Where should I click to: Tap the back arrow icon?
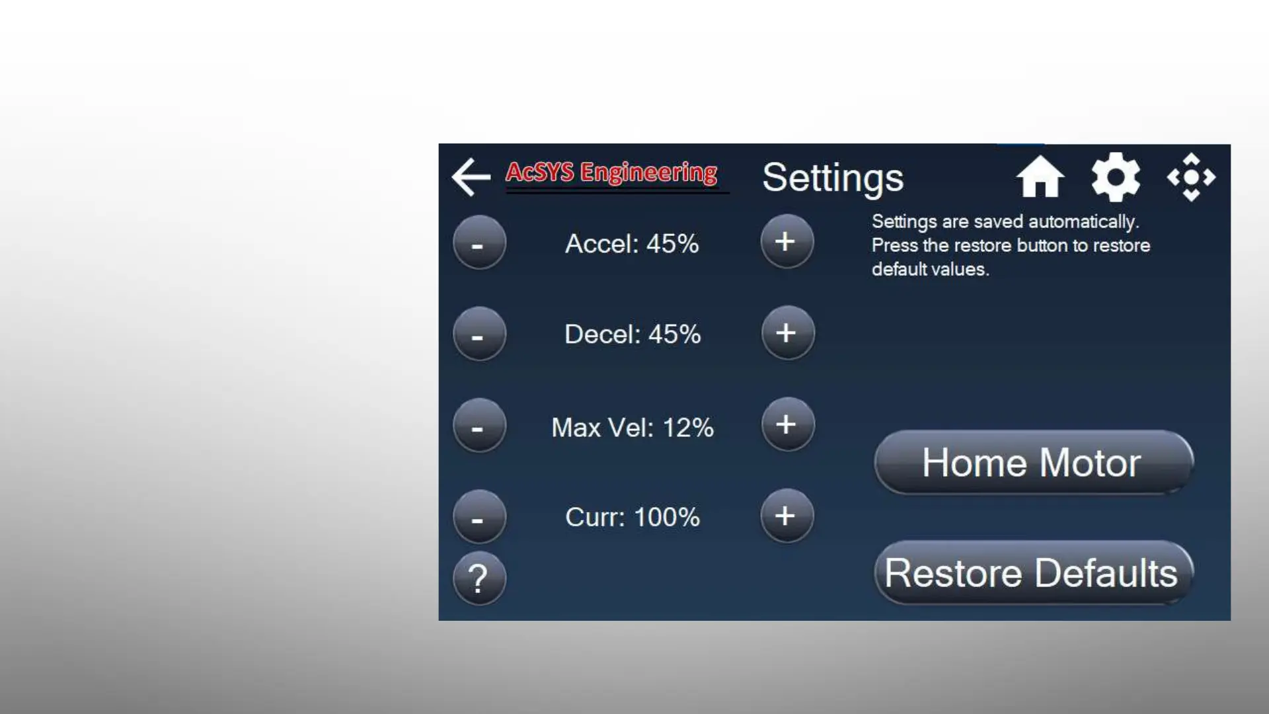point(471,177)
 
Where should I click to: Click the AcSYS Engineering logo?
point(611,173)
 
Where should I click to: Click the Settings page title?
point(833,178)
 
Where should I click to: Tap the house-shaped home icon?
point(1040,177)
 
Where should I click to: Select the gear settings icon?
point(1116,177)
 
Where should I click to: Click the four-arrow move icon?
point(1191,177)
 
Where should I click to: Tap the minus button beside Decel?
point(479,334)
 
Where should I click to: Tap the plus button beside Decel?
point(787,333)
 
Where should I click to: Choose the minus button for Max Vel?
point(479,425)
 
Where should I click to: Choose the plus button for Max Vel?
point(787,424)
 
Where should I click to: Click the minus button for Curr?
point(479,516)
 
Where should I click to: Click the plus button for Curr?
point(787,516)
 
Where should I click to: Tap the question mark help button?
point(479,578)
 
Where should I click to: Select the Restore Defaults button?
point(1034,573)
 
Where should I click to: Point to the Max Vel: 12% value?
point(633,428)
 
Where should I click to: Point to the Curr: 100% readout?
point(633,517)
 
